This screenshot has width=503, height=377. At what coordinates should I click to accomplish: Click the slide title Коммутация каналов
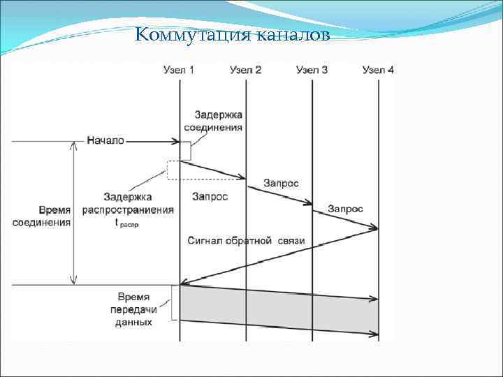pos(231,34)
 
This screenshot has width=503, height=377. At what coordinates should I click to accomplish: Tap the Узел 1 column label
pos(179,70)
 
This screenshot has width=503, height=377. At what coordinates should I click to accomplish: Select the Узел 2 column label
pos(245,70)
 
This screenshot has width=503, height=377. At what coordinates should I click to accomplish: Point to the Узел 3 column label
pos(312,70)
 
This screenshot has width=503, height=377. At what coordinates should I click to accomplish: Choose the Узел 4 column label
pos(378,70)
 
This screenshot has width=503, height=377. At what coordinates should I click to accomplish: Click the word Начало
pos(105,140)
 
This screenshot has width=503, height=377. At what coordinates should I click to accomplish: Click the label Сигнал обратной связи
pos(246,241)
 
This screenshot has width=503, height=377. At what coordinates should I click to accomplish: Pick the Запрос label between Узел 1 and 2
pos(210,197)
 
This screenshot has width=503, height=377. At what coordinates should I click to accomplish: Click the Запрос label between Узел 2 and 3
pos(281,183)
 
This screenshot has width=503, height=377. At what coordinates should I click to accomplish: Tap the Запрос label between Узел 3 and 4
pos(345,209)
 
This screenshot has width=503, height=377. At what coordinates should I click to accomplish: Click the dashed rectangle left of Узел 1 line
pos(173,170)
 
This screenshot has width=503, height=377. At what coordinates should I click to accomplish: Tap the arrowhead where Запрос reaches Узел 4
pos(374,228)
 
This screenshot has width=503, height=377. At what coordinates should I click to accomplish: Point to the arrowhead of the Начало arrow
pos(176,141)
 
